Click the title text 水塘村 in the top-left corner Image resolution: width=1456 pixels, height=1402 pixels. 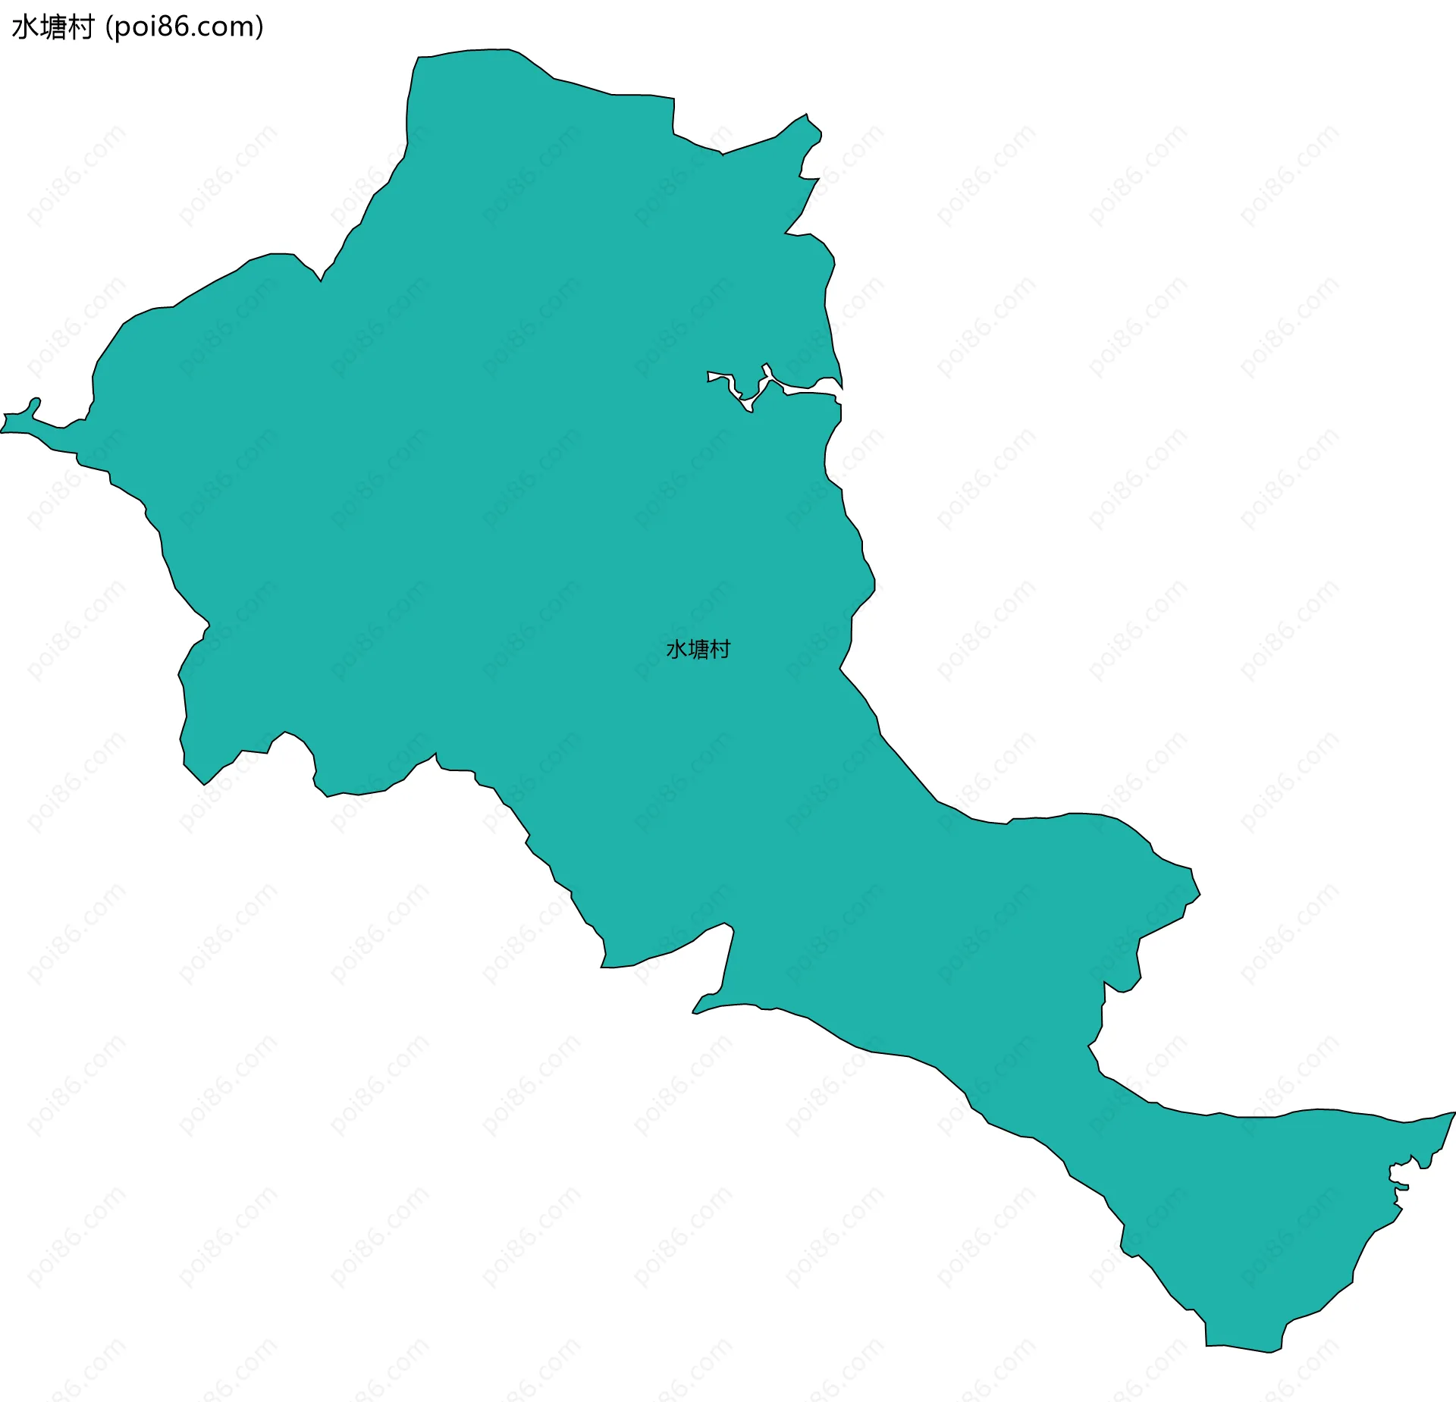click(x=52, y=27)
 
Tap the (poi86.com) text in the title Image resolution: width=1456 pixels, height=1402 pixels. click(x=185, y=27)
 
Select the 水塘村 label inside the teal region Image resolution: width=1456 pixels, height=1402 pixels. click(x=698, y=649)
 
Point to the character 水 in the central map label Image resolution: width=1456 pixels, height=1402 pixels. click(x=676, y=649)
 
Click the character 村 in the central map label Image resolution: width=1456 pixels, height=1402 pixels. click(x=720, y=649)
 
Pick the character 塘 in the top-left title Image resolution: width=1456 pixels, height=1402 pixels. click(x=52, y=27)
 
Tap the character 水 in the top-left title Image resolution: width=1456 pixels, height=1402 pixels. click(x=25, y=27)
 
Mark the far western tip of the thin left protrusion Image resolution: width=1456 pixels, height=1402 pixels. click(x=3, y=431)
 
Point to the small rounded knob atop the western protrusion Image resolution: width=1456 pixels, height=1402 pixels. click(x=35, y=401)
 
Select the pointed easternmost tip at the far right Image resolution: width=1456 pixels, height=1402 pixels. click(x=1453, y=1113)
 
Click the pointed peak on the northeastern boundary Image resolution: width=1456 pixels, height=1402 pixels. click(x=806, y=116)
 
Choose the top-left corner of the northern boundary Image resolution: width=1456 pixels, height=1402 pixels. click(x=419, y=58)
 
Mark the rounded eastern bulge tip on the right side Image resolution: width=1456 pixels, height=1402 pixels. click(x=1198, y=895)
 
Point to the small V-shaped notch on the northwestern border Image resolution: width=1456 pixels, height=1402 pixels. click(x=322, y=280)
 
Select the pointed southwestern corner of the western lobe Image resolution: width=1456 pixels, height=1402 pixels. click(x=203, y=784)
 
